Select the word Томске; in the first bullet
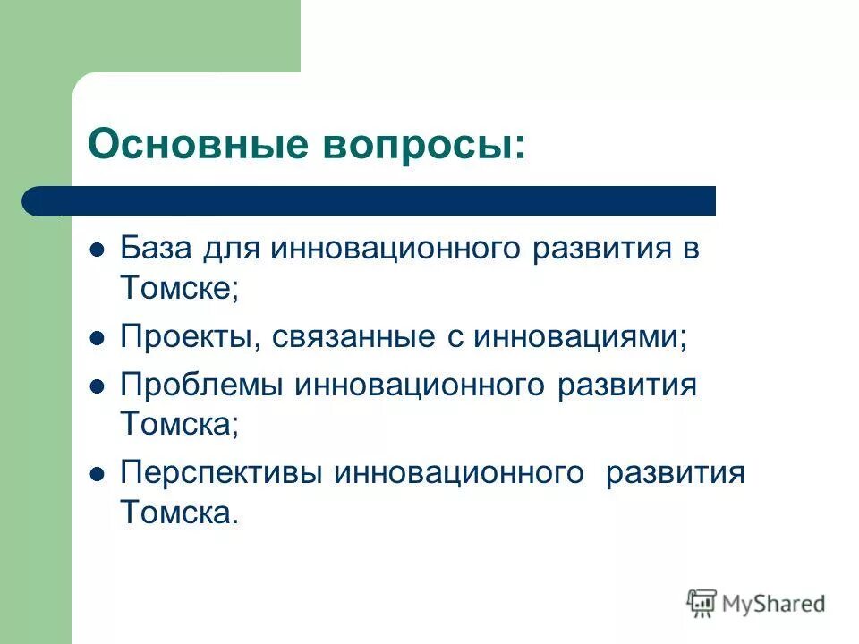point(180,287)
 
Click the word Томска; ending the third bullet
point(180,425)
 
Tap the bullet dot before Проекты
point(98,337)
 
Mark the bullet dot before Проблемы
point(98,386)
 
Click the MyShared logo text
point(774,604)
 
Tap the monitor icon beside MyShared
point(702,603)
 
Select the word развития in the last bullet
point(675,473)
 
